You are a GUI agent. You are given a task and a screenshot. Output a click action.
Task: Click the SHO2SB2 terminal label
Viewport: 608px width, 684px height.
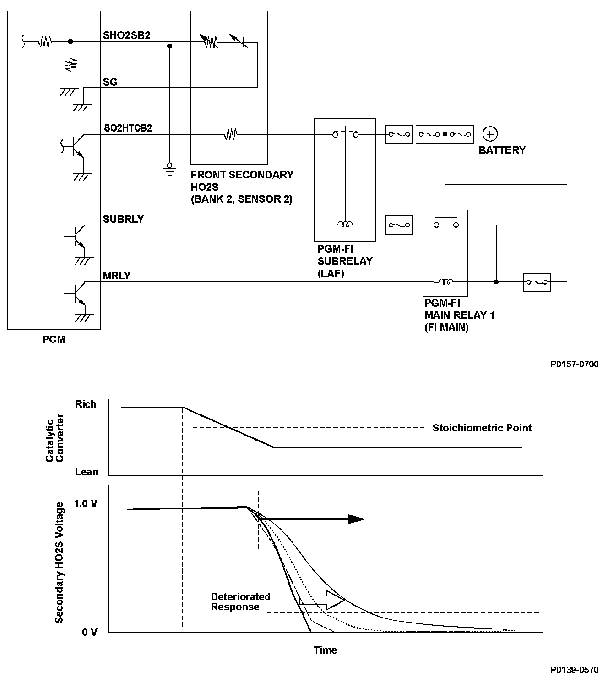[126, 35]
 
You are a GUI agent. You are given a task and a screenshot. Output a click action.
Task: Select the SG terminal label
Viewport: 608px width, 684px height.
[110, 82]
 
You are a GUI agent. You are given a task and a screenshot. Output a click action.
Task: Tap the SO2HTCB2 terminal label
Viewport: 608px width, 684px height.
[128, 128]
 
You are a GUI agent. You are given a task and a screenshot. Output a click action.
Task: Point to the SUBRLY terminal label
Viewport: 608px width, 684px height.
[123, 219]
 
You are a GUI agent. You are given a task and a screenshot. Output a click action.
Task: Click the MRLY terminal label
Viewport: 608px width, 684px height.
[117, 276]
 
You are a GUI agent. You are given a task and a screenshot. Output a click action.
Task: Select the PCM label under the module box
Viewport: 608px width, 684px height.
[54, 340]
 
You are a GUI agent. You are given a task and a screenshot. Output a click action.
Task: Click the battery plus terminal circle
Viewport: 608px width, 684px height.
[490, 134]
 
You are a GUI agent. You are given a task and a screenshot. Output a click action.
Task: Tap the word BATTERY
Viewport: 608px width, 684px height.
[502, 150]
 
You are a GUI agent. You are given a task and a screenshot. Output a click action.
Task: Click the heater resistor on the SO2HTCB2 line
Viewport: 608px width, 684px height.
[230, 134]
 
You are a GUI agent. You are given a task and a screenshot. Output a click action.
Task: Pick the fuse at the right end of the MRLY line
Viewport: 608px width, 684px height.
[537, 282]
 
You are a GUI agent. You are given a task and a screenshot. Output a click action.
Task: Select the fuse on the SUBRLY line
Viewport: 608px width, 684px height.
[399, 225]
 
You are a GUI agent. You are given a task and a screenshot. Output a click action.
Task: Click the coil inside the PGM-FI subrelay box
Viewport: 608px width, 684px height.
[345, 225]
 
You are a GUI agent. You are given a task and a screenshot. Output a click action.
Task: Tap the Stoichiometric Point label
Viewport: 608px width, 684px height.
[482, 428]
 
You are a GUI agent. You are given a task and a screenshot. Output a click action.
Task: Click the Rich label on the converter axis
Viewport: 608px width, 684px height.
[86, 404]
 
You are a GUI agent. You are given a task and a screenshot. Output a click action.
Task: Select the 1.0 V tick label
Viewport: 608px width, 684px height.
[86, 504]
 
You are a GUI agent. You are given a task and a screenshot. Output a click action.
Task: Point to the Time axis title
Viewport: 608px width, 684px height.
[325, 650]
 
